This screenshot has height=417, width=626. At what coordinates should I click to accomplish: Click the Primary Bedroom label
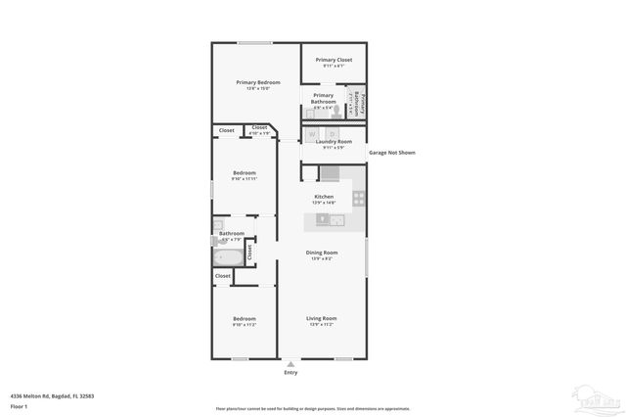click(x=258, y=82)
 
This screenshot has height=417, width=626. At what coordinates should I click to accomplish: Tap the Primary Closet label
click(x=334, y=60)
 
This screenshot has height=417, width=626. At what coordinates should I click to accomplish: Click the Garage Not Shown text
click(x=391, y=153)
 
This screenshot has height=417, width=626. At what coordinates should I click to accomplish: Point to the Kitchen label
click(x=324, y=197)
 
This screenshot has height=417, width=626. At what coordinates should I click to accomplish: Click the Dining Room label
click(x=322, y=254)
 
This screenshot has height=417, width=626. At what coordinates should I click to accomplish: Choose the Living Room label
click(x=322, y=318)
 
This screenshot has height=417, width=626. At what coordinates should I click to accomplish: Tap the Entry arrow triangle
click(x=291, y=363)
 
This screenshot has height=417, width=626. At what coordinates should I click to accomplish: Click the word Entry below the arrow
click(x=291, y=373)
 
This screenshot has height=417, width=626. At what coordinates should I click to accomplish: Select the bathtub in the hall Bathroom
click(x=230, y=257)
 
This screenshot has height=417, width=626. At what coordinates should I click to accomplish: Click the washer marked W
click(x=313, y=133)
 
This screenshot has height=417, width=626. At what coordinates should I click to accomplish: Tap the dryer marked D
click(x=333, y=133)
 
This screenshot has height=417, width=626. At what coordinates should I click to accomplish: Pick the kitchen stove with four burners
click(x=359, y=198)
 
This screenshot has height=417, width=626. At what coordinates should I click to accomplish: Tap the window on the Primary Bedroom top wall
click(x=254, y=42)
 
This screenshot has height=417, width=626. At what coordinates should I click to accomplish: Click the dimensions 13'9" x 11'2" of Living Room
click(x=322, y=324)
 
